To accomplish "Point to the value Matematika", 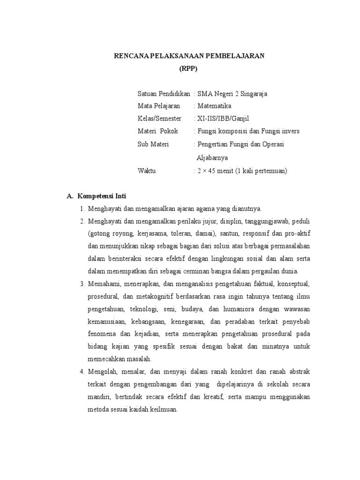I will tap(214, 106).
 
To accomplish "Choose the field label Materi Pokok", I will tap(158, 131).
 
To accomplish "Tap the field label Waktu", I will tap(146, 171).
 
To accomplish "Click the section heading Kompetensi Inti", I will tap(102, 196).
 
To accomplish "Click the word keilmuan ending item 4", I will tap(164, 409).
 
